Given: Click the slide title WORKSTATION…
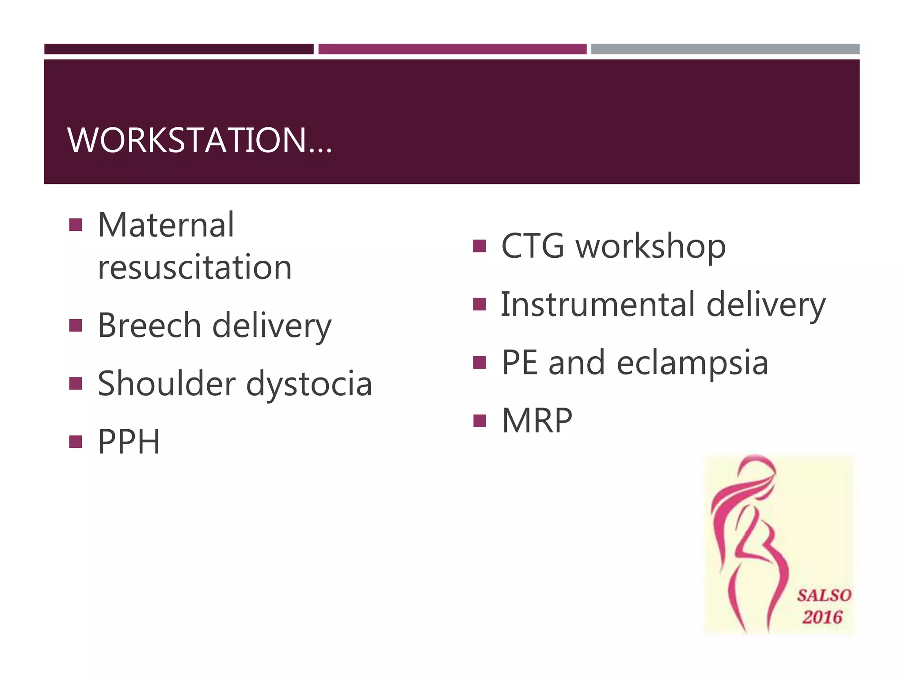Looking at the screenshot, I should point(199,141).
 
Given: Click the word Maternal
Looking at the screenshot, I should point(166,225).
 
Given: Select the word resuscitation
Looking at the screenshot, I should point(194,267).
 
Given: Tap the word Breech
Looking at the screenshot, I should point(149,325).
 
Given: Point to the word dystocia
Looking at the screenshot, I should point(309,384).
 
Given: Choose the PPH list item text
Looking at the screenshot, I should point(129,442).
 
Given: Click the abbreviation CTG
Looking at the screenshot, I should point(532,246).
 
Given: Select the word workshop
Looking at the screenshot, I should point(650,246).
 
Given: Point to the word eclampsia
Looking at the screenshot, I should point(692,362).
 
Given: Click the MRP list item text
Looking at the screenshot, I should point(536,420).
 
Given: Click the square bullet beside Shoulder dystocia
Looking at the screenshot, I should point(76,383).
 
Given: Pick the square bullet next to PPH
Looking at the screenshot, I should point(76,442).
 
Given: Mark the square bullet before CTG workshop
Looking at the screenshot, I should point(479,246).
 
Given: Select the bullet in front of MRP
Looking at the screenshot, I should point(479,420).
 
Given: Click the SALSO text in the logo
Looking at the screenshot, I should point(824,595).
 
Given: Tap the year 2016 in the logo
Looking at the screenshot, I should point(822,617).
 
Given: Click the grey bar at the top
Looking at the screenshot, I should point(725,49).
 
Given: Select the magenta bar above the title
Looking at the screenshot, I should point(452,49).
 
